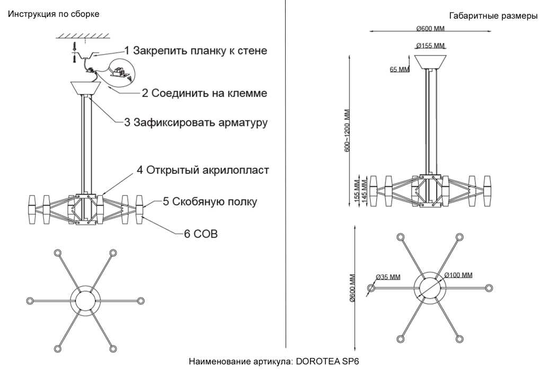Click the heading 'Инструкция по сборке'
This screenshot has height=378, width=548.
coord(54,14)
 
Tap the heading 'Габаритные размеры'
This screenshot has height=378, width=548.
coord(493,16)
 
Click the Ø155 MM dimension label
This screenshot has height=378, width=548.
coord(430,46)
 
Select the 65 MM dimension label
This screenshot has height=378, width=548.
coord(400,69)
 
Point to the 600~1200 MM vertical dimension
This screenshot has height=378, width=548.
coord(348,131)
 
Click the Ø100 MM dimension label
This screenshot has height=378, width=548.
coord(458,275)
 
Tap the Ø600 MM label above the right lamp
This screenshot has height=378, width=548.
coord(430,28)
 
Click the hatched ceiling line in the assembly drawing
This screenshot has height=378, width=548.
coord(83,36)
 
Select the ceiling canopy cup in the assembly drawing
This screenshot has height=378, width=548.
coord(86,88)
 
